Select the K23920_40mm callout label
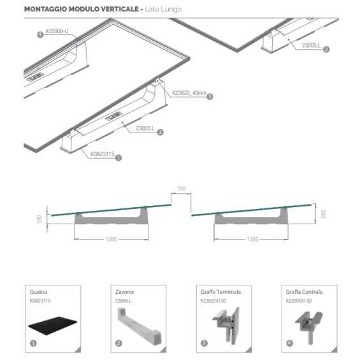(x=189, y=93)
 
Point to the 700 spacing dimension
(x=181, y=189)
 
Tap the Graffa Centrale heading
(x=304, y=292)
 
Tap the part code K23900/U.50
(x=300, y=299)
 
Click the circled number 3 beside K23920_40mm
(x=210, y=97)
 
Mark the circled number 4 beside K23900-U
(x=40, y=35)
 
